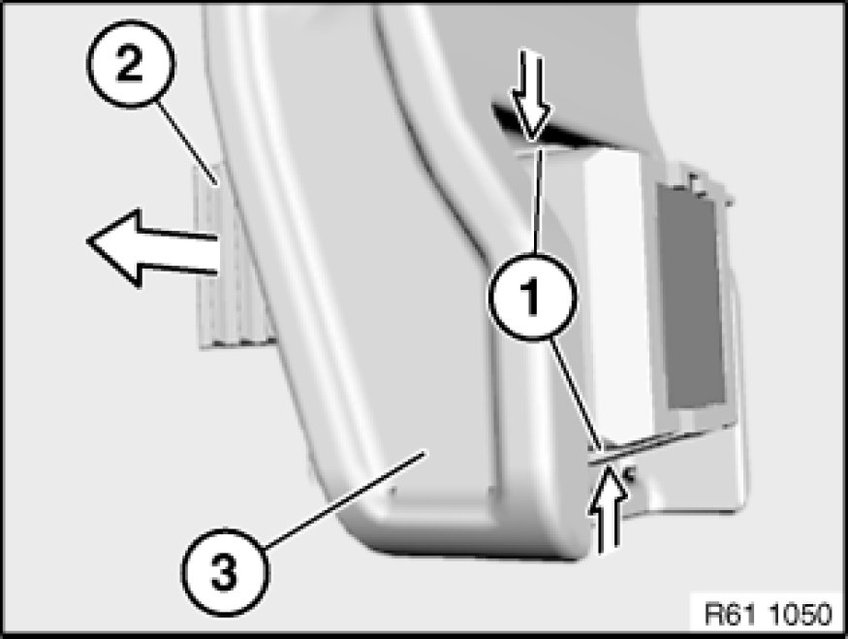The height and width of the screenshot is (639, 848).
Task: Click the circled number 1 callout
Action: point(533,297)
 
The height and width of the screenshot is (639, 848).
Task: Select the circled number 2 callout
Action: point(130,63)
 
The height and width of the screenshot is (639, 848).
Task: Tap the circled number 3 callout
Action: point(224,571)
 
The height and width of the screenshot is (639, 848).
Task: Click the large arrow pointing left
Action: point(152,248)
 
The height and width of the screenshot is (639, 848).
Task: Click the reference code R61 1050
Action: point(768,614)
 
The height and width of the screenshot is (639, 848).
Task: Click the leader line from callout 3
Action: point(344,500)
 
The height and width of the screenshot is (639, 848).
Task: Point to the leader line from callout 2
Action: point(187,143)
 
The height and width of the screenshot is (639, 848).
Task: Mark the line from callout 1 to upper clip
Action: point(537,202)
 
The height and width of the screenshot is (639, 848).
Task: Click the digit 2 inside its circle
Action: point(129,63)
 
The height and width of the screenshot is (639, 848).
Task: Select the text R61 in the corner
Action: point(731,614)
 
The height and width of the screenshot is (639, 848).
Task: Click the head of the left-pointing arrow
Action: point(114,246)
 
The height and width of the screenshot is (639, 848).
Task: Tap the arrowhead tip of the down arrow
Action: point(533,142)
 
